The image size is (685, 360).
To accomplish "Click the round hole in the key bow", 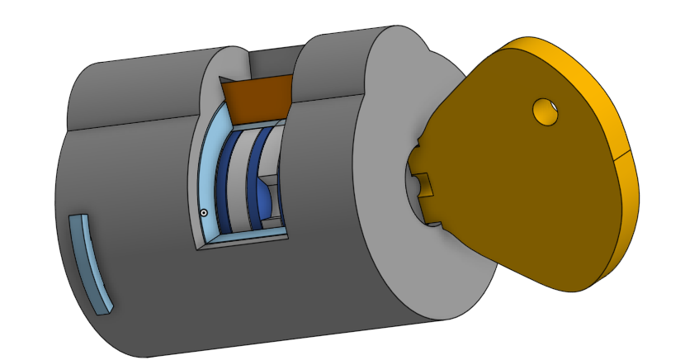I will [546, 111].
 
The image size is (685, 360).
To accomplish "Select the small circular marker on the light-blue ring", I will [203, 213].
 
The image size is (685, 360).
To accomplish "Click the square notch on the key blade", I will [423, 183].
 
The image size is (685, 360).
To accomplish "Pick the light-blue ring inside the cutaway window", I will [207, 173].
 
